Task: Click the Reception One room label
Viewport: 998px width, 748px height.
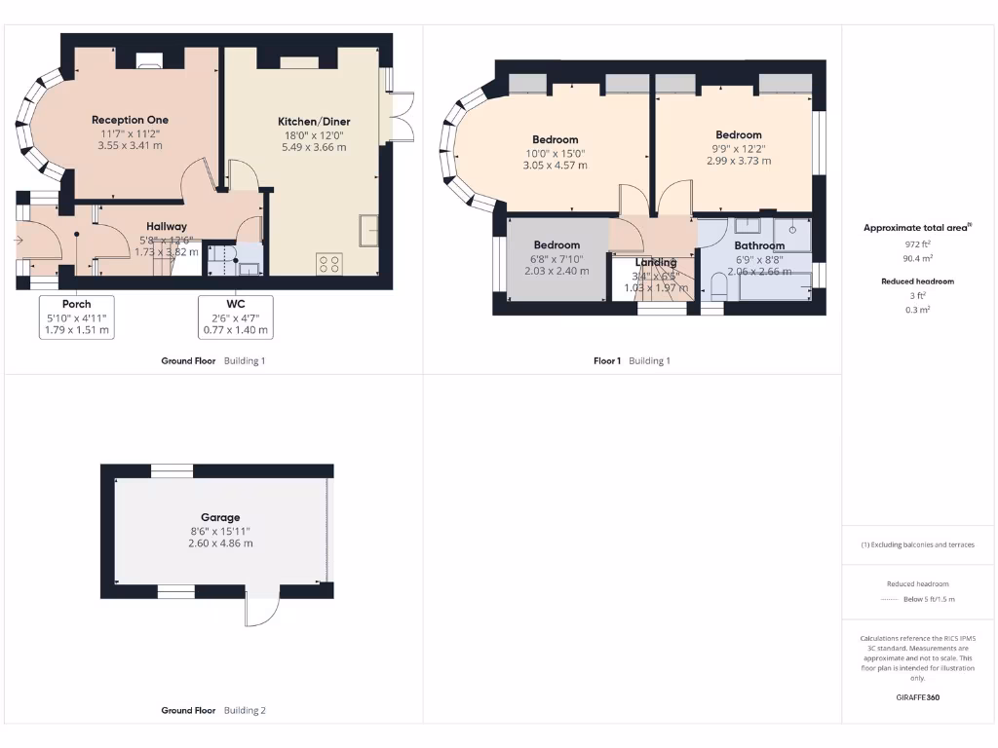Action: point(130,120)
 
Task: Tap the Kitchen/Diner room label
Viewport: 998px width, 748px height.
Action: point(314,122)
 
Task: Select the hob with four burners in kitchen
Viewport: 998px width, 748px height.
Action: point(328,262)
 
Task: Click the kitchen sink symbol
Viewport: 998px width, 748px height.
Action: point(369,232)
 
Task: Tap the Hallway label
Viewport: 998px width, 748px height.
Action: point(167,226)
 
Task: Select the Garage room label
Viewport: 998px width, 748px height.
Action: point(220,517)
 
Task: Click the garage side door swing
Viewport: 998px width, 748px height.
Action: point(261,611)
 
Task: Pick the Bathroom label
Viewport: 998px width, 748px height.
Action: point(759,245)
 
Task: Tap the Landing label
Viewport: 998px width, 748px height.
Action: point(656,262)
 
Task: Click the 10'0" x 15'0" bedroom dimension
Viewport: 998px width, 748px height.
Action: point(556,153)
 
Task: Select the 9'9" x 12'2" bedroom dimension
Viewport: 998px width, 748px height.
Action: point(738,148)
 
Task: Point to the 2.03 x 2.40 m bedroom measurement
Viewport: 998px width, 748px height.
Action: point(556,271)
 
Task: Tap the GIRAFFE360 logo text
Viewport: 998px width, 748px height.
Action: point(917,697)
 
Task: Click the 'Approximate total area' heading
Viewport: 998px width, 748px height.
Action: point(916,228)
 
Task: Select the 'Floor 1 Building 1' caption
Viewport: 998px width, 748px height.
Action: point(632,360)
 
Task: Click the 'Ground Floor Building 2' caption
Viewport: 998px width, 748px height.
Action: point(212,710)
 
